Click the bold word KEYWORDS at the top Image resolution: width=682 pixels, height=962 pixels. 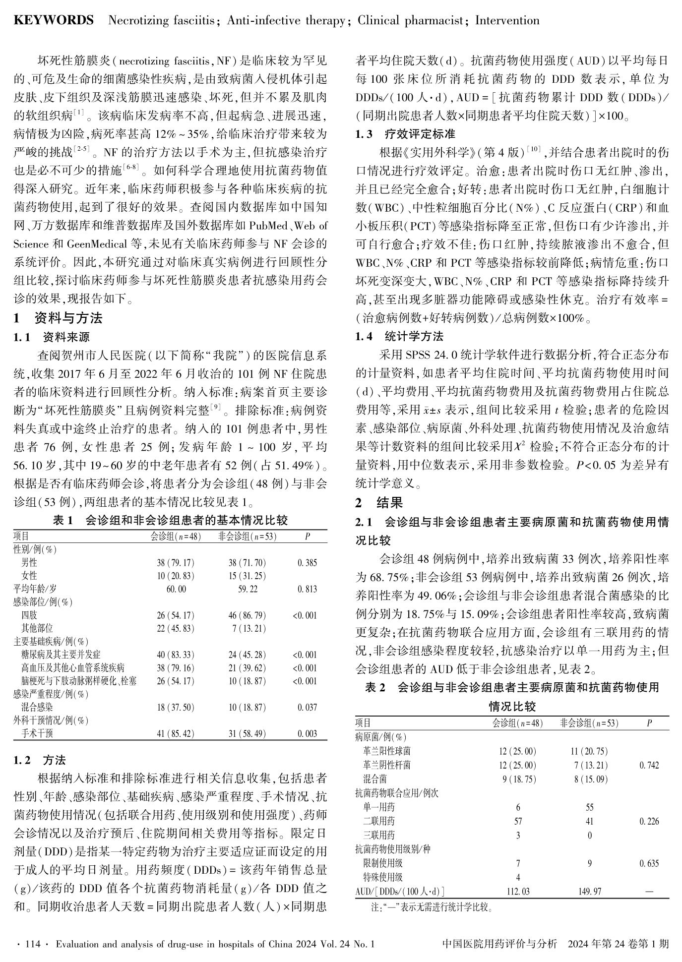pos(54,20)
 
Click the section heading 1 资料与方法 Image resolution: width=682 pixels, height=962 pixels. pos(58,318)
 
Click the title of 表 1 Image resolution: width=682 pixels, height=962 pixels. pos(170,521)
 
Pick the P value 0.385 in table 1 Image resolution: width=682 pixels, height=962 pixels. pos(308,563)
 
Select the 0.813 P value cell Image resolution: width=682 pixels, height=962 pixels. pos(308,590)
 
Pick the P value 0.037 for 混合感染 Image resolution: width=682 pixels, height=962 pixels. pos(308,708)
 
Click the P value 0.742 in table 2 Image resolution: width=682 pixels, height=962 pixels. pos(649,766)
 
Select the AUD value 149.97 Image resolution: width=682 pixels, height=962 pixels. pos(590,892)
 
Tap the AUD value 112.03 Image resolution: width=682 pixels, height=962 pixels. pos(518,892)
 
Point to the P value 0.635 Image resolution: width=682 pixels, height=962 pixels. pos(649,864)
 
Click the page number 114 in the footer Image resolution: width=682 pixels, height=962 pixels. pos(32,944)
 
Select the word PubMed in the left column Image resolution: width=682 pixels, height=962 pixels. pos(268,227)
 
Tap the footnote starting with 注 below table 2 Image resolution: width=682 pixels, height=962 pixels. pos(432,908)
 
